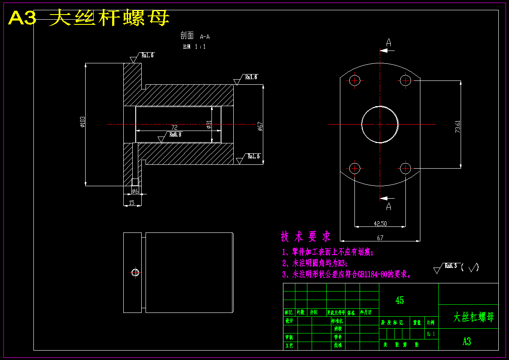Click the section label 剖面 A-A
pyautogui.click(x=195, y=36)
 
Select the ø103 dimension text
pyautogui.click(x=82, y=122)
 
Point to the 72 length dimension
pyautogui.click(x=174, y=128)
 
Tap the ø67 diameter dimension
pyautogui.click(x=260, y=126)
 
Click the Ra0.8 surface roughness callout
pyautogui.click(x=175, y=134)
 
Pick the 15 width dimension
pyautogui.click(x=131, y=202)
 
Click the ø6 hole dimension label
pyautogui.click(x=135, y=190)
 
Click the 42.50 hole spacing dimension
pyautogui.click(x=380, y=223)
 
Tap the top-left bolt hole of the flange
pyautogui.click(x=354, y=80)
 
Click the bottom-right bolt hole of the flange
pyautogui.click(x=405, y=168)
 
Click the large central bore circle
pyautogui.click(x=380, y=124)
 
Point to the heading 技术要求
pyautogui.click(x=306, y=236)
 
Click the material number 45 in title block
pyautogui.click(x=399, y=300)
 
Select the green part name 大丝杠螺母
pyautogui.click(x=473, y=317)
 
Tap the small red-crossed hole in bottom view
pyautogui.click(x=135, y=272)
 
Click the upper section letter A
pyautogui.click(x=389, y=42)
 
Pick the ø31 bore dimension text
pyautogui.click(x=208, y=124)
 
